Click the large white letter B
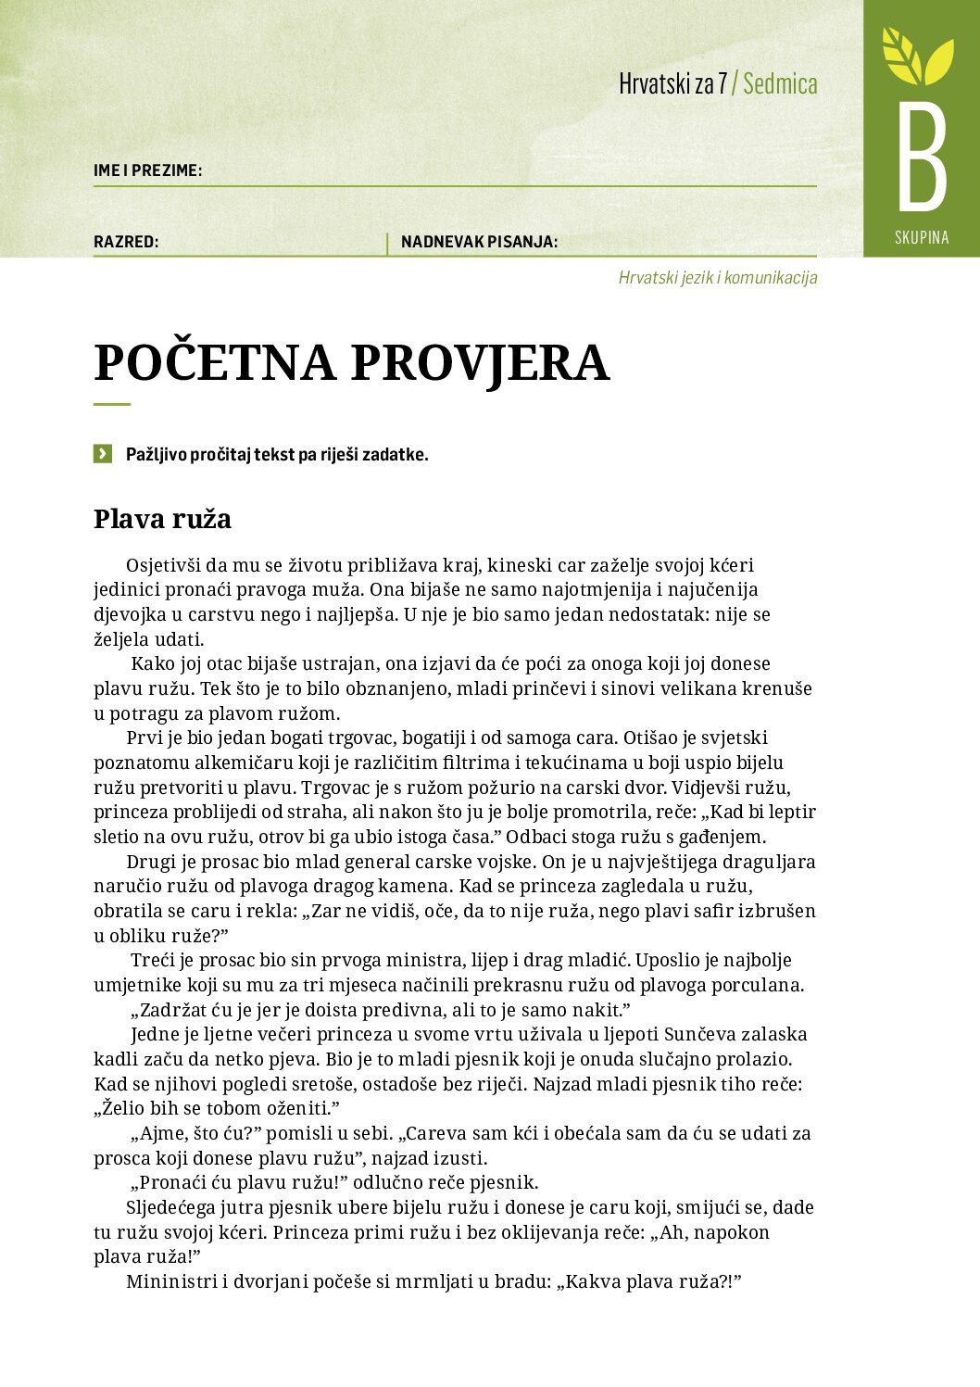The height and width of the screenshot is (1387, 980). tap(922, 158)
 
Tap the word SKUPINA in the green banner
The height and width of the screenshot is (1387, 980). tap(922, 238)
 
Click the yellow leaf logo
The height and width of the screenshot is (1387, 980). tap(917, 57)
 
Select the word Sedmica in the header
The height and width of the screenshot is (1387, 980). tap(780, 84)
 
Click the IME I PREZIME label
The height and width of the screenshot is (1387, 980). tap(147, 170)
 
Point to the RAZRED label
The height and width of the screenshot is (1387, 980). tap(126, 243)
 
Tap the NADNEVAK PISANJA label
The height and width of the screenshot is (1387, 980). tap(479, 243)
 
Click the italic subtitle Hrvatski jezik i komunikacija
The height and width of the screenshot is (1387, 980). tap(718, 278)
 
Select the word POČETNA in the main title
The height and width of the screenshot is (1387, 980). tap(214, 362)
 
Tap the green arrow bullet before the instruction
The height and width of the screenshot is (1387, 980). tap(102, 454)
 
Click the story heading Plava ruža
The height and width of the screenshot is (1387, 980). tap(162, 519)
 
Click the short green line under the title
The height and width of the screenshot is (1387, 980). tap(112, 405)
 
